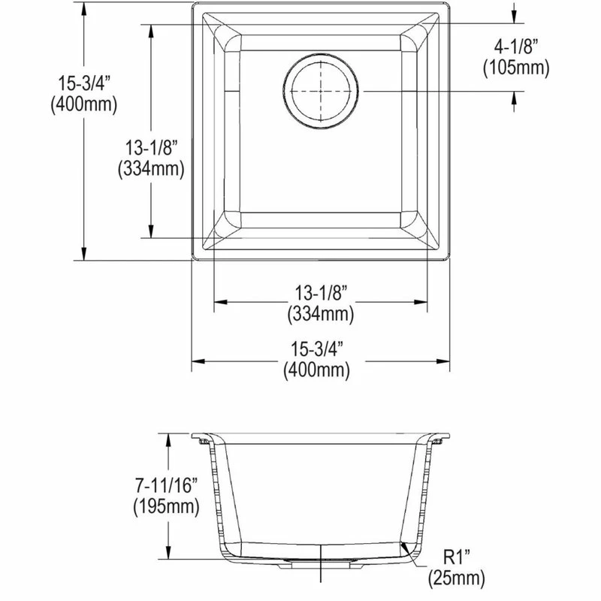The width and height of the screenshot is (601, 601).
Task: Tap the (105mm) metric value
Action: (x=517, y=68)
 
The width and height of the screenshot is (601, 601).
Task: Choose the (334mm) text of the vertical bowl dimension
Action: (x=151, y=169)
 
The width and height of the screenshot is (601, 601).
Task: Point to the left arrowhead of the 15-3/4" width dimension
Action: (x=197, y=363)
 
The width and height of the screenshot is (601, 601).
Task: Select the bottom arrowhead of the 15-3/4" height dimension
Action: (x=83, y=255)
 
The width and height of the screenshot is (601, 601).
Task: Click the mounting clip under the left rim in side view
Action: (x=202, y=443)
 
